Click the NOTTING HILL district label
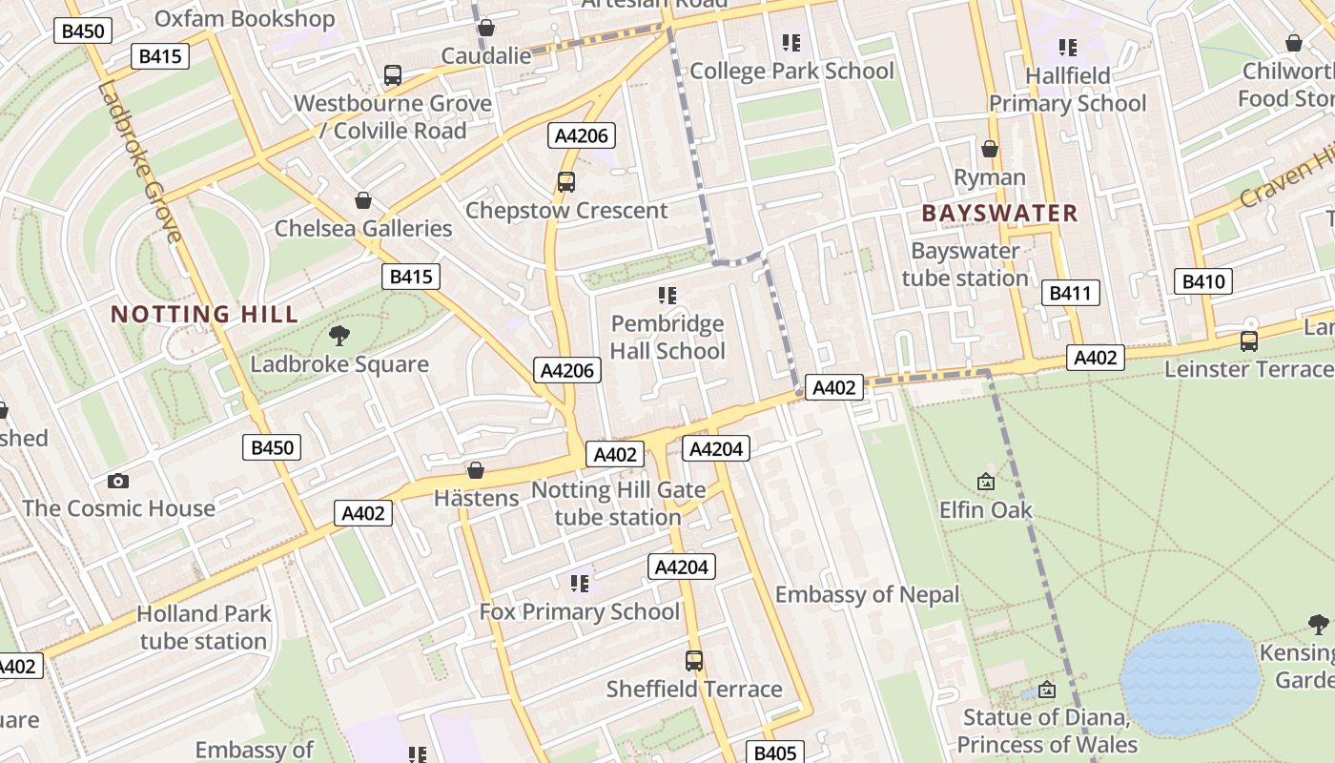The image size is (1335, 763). [204, 314]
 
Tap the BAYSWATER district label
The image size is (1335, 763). [999, 213]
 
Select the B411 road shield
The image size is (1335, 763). [1070, 293]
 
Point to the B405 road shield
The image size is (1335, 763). [774, 753]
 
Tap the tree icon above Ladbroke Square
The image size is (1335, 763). [339, 335]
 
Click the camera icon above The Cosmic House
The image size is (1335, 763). [118, 481]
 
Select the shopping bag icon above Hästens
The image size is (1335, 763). [476, 470]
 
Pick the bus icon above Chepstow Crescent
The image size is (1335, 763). [566, 181]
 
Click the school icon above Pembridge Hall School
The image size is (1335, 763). [667, 295]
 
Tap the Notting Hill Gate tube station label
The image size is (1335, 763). [618, 504]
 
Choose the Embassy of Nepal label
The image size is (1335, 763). [867, 595]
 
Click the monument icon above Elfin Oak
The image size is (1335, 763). [986, 483]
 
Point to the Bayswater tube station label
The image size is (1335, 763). [965, 264]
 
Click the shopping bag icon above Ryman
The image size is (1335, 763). [990, 149]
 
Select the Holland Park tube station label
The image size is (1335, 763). [204, 627]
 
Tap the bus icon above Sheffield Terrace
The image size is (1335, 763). [694, 660]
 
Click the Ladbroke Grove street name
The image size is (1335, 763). [138, 162]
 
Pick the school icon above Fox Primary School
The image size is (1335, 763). [579, 582]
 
